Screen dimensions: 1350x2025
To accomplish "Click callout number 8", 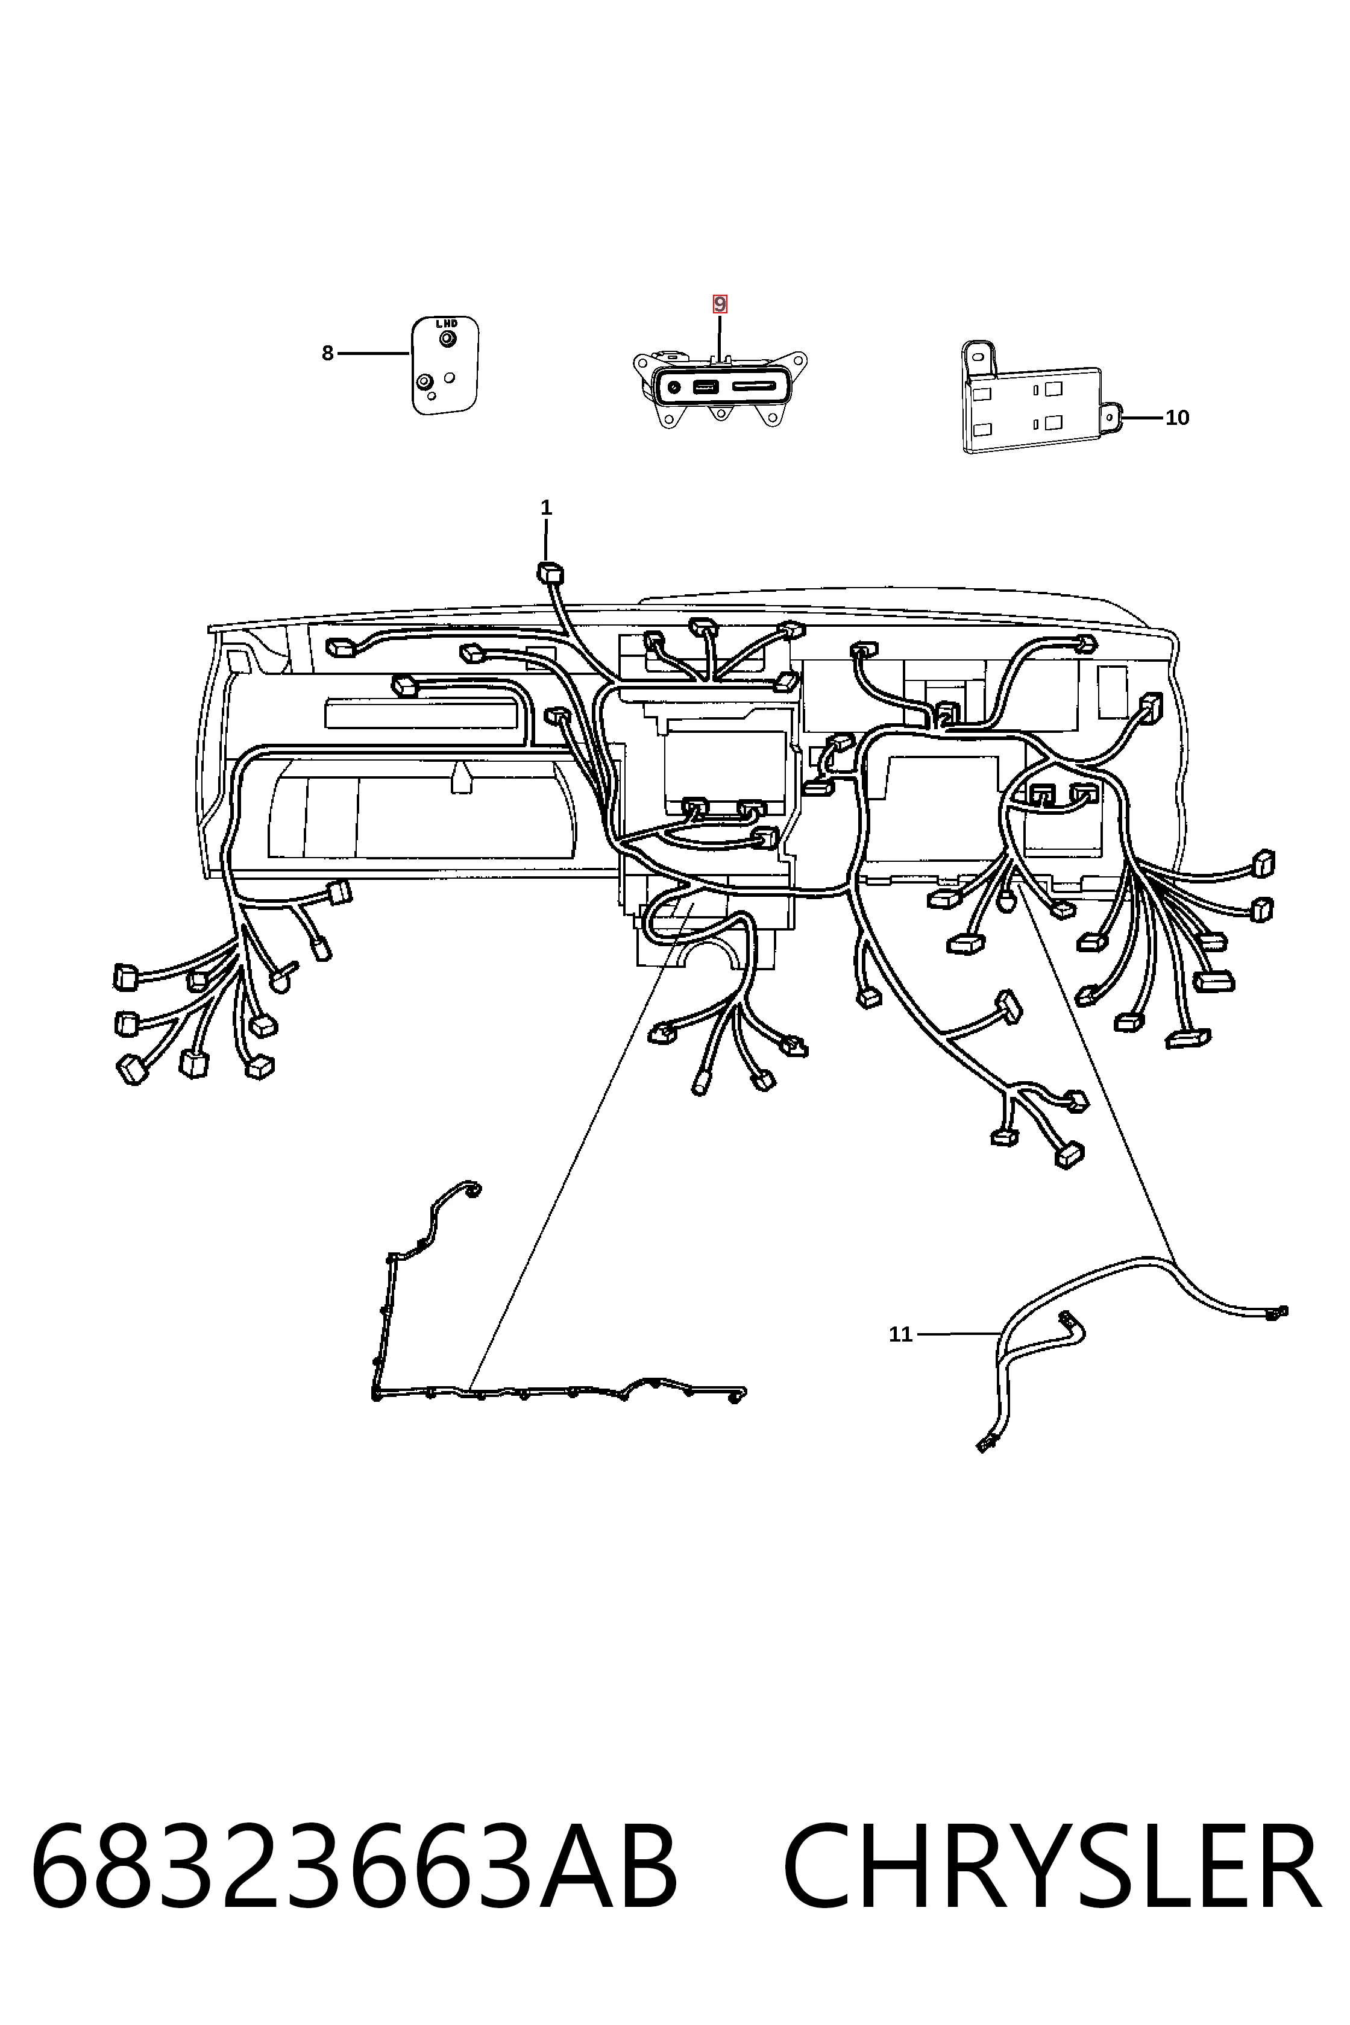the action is point(327,353).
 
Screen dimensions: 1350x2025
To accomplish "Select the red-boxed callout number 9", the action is point(720,304).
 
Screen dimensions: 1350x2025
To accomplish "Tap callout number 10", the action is point(1177,418).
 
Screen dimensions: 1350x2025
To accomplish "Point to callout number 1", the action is point(546,508).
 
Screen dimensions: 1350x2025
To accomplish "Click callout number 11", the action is point(900,1334).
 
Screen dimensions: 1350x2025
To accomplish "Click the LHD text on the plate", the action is point(446,324).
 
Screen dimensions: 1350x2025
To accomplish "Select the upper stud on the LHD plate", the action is point(446,339).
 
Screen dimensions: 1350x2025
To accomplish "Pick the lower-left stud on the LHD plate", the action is point(424,381).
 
